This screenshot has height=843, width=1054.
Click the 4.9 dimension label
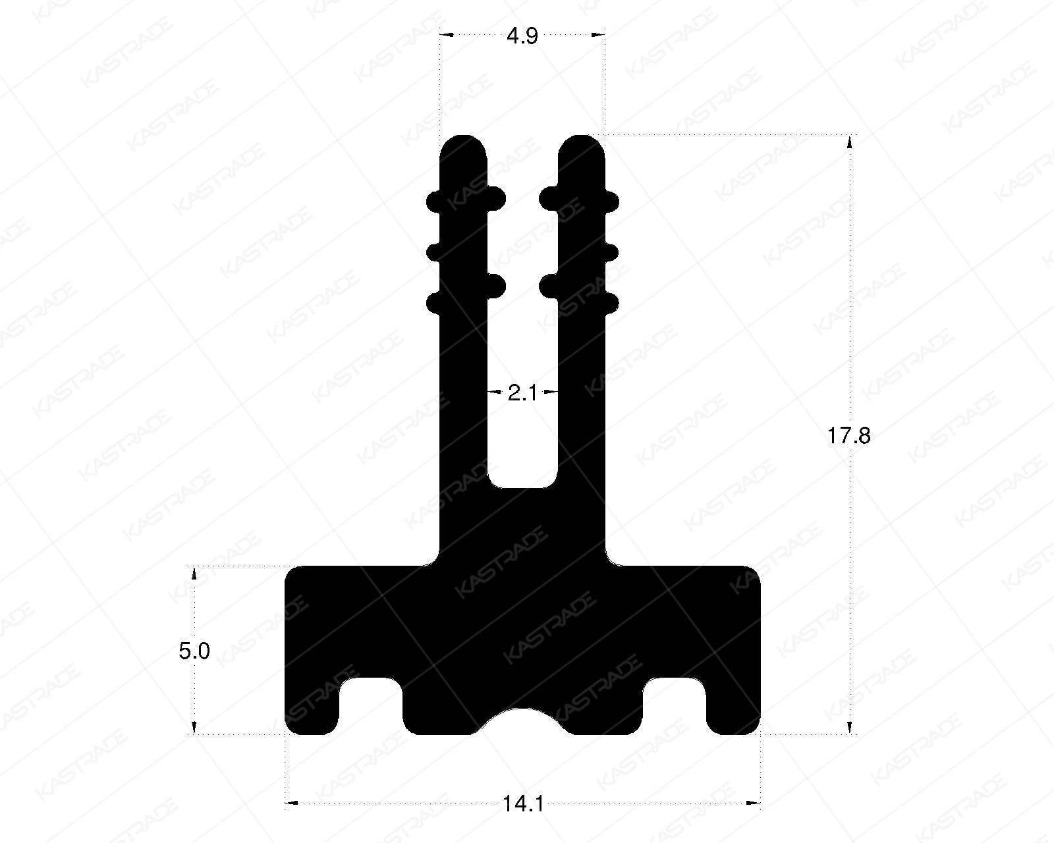point(522,36)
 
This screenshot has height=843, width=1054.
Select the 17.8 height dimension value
point(849,435)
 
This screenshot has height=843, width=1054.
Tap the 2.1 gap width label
point(522,394)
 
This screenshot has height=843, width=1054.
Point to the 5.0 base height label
point(194,651)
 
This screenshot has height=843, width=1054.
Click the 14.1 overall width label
point(522,804)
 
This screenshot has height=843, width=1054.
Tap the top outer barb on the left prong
point(433,200)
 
